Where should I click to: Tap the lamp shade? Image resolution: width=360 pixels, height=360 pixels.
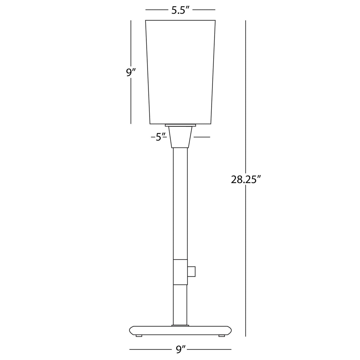tap(180, 72)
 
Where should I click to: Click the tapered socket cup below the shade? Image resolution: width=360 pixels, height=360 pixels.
tap(180, 137)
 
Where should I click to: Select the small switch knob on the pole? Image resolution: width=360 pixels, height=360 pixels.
tap(191, 271)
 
